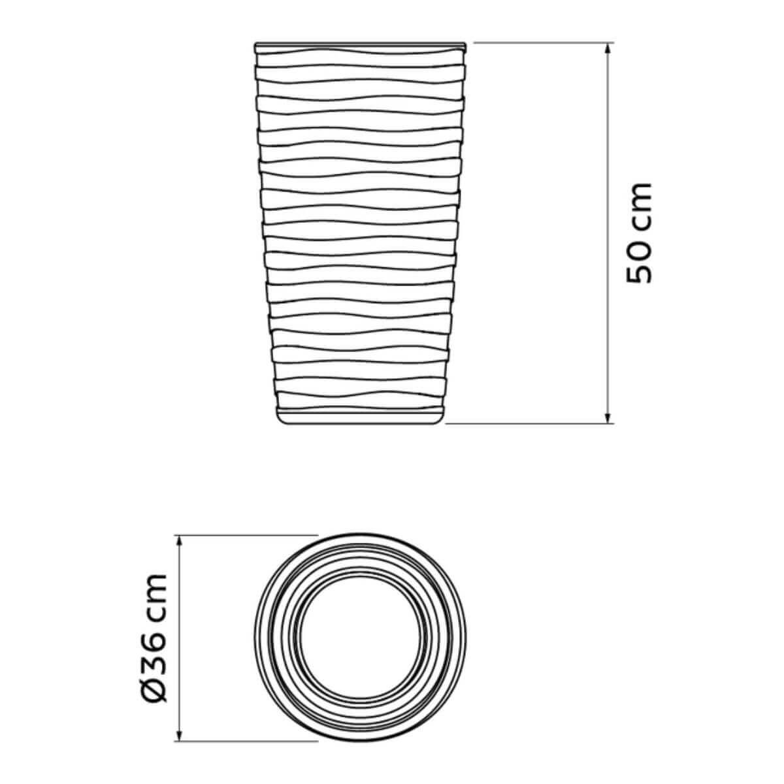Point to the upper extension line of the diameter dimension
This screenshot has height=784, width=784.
point(248,535)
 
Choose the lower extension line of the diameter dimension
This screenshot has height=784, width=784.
point(248,742)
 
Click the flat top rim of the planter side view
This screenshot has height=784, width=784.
point(361,45)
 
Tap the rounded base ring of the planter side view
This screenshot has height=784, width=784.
point(361,417)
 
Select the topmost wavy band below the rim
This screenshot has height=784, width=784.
point(361,59)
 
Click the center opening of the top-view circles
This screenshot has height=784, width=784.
point(361,638)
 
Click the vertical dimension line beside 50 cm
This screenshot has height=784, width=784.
point(608,131)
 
